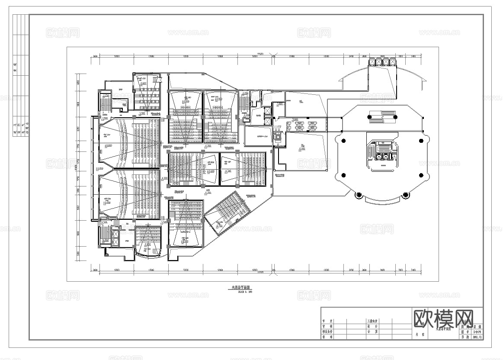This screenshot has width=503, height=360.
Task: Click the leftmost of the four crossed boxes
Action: tap(372, 62)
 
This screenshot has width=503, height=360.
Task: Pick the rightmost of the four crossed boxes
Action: tap(393, 62)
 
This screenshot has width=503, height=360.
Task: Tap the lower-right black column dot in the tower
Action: tap(421, 175)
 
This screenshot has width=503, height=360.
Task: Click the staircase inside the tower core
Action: tap(370, 152)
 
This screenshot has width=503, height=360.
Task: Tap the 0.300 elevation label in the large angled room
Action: tap(302, 148)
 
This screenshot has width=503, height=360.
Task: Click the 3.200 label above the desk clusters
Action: tap(295, 119)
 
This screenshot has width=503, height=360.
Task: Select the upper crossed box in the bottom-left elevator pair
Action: tap(115, 234)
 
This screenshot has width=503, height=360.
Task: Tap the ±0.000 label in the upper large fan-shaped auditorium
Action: tap(108, 145)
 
